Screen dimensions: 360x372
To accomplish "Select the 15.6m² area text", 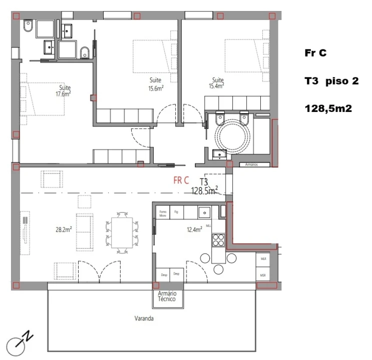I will (x=156, y=88).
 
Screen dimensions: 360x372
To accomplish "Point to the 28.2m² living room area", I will (x=64, y=230).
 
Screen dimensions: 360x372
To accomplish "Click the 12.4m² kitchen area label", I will (x=194, y=229).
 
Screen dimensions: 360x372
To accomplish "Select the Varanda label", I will (x=143, y=318).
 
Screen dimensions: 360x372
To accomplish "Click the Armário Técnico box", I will (x=168, y=296).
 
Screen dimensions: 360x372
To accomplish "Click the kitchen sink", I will (x=204, y=212).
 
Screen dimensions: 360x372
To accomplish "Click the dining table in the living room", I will (x=122, y=232).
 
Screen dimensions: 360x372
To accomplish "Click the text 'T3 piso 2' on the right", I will (x=331, y=80).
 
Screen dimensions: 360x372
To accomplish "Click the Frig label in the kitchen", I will (x=176, y=212).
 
